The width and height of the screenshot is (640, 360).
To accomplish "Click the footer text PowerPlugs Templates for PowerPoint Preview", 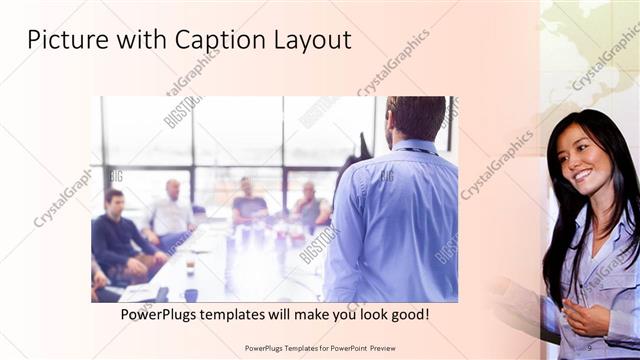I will point(319,347).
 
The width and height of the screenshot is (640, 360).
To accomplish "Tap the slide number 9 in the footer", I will point(589,347).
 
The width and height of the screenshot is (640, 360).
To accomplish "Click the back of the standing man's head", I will point(415,117).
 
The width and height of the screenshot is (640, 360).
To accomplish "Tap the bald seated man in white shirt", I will point(172,210).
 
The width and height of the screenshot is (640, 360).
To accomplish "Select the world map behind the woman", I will point(590,50).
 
